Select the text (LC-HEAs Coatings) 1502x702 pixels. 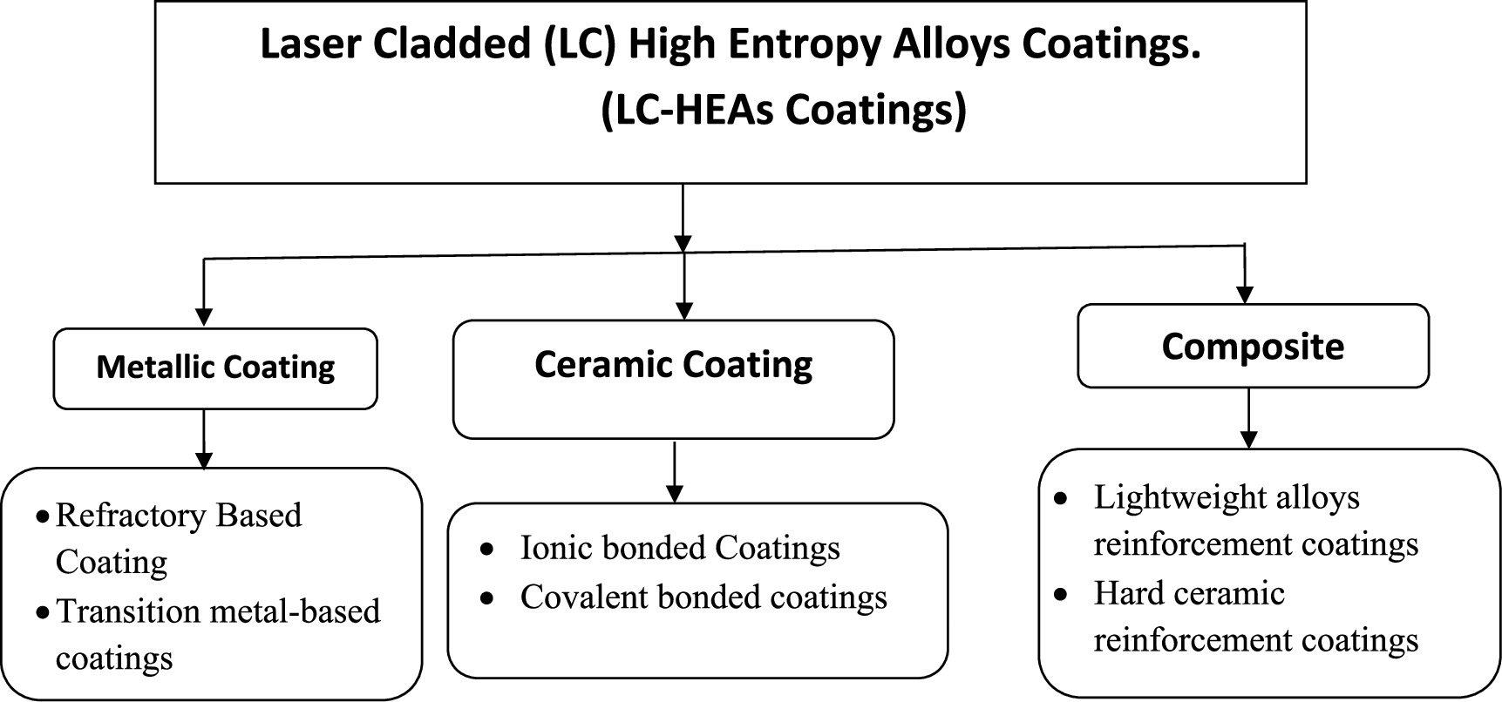tap(784, 111)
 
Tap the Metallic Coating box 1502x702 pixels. tap(215, 368)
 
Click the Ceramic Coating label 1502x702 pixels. tap(673, 365)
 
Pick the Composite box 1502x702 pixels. tap(1253, 347)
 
